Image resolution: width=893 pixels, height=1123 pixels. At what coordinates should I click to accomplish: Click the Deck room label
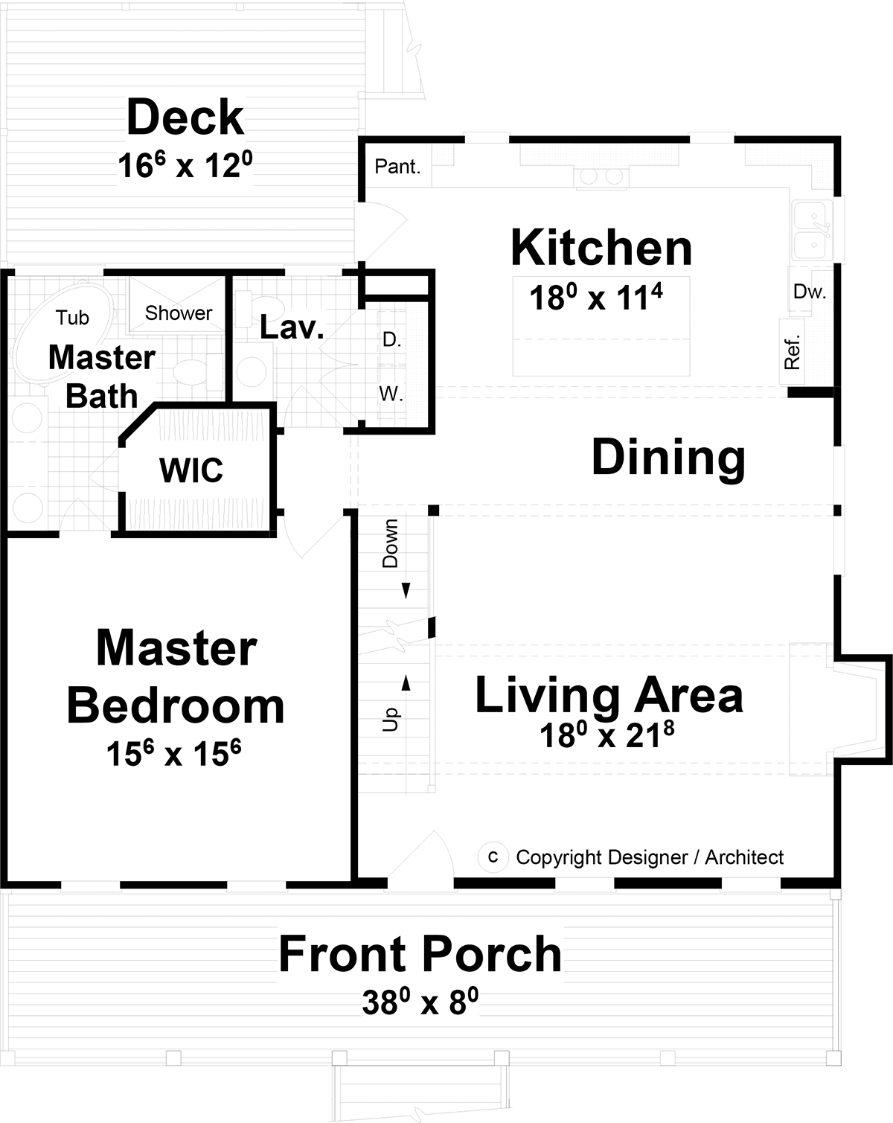click(x=185, y=118)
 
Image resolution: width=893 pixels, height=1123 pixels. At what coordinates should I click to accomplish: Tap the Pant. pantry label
click(x=397, y=167)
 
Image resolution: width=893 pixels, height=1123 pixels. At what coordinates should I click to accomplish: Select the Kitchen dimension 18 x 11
click(x=595, y=298)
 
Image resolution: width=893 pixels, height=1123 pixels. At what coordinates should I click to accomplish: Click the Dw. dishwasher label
click(x=810, y=292)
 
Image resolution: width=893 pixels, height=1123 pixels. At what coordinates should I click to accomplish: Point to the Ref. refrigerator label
click(x=793, y=352)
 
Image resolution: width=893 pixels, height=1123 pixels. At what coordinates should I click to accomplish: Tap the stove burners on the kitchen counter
click(x=601, y=176)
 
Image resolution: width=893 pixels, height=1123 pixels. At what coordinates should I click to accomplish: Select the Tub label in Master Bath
click(x=72, y=318)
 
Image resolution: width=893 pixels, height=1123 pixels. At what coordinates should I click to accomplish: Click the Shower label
click(x=179, y=313)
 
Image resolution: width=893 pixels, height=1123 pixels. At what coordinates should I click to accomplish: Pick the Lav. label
click(x=292, y=327)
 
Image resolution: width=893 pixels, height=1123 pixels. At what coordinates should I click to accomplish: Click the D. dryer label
click(x=391, y=340)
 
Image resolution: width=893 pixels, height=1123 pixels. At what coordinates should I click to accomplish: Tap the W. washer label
click(x=391, y=394)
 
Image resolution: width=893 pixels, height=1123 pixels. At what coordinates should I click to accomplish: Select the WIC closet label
click(x=191, y=470)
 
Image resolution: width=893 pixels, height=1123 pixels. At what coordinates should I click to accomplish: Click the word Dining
click(x=668, y=458)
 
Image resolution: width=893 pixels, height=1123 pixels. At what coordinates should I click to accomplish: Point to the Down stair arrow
click(x=406, y=590)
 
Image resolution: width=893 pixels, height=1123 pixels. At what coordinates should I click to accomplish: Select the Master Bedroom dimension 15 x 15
click(x=173, y=753)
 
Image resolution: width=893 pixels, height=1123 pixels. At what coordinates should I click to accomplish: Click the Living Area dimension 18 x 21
click(x=606, y=735)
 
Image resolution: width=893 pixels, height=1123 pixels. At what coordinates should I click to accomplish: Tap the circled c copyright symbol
click(x=493, y=857)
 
